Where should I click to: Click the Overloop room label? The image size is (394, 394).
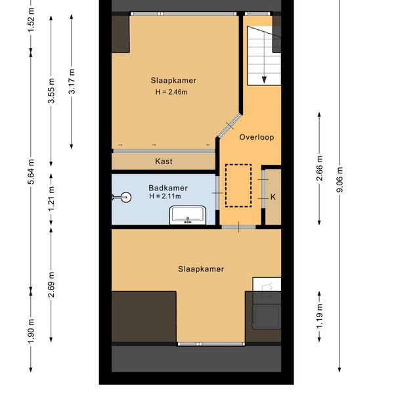tap(257, 137)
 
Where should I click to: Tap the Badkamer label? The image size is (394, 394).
tap(168, 188)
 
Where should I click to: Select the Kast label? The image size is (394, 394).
tap(164, 161)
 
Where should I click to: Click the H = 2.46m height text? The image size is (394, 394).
tap(171, 92)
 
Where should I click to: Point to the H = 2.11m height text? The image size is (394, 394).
tap(165, 196)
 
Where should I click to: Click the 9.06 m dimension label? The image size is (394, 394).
tap(339, 179)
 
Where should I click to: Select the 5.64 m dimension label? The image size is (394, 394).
tap(31, 171)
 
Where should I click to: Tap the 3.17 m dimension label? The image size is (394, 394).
tap(72, 81)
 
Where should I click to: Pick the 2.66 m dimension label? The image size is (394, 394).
tap(319, 168)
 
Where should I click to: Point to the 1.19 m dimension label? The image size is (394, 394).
tap(319, 316)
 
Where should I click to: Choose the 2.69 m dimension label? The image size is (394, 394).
tap(51, 285)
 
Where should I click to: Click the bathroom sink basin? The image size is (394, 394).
tap(188, 215)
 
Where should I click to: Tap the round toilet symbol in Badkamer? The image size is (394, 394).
tap(125, 197)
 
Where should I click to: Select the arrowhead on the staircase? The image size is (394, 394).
tap(264, 80)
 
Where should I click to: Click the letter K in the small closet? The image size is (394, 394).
tap(273, 197)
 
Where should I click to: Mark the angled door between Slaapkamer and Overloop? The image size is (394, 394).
tap(229, 125)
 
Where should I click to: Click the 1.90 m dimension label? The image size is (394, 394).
tap(31, 331)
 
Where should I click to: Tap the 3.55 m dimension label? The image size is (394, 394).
tap(51, 91)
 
